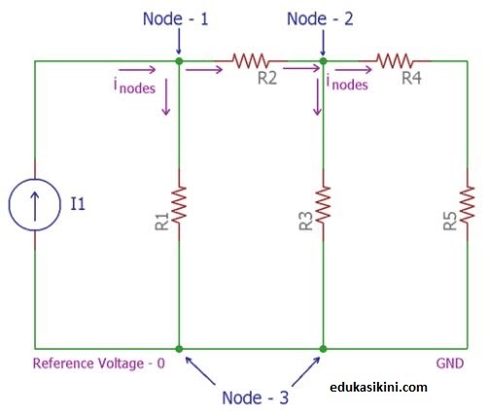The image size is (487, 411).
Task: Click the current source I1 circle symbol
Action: click(36, 205)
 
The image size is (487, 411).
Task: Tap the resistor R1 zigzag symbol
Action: click(179, 205)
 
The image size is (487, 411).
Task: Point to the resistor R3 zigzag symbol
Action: click(323, 205)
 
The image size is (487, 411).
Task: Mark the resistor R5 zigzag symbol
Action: click(468, 205)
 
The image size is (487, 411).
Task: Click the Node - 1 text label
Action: click(179, 19)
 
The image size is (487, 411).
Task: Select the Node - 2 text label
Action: click(323, 19)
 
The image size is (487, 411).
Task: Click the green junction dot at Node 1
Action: click(179, 61)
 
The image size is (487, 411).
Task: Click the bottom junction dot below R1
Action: click(179, 348)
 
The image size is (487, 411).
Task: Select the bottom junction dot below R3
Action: click(323, 348)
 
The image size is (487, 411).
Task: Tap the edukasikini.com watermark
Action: click(385, 387)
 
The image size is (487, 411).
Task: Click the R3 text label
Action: click(303, 221)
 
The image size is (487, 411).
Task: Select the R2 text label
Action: click(267, 79)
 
